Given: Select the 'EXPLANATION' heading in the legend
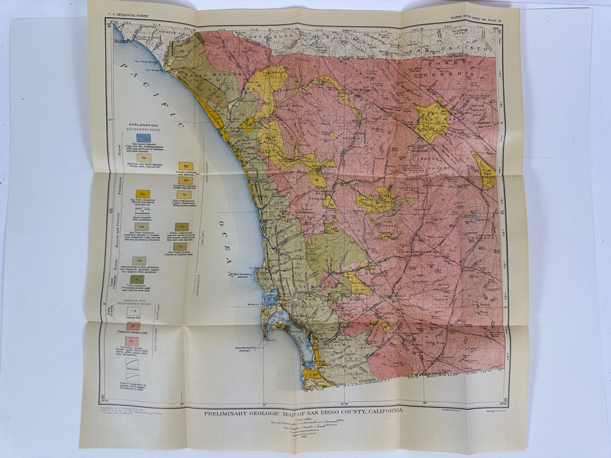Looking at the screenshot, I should point(141,125).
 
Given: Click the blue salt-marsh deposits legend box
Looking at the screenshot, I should point(143,136).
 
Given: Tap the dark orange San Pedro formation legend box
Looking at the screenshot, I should point(143,194).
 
